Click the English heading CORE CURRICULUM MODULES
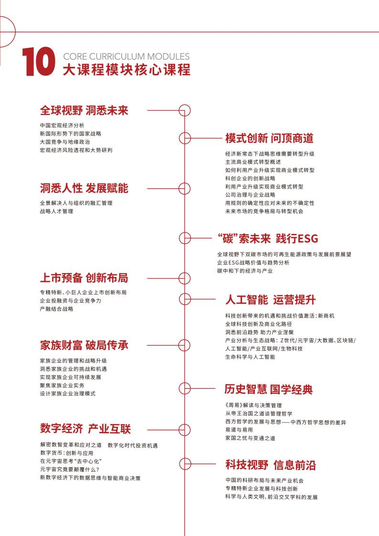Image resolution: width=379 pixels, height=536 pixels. pyautogui.click(x=126, y=56)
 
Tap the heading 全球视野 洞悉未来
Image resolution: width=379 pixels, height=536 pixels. pyautogui.click(x=84, y=111)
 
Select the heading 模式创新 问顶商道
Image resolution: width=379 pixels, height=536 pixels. pyautogui.click(x=269, y=138)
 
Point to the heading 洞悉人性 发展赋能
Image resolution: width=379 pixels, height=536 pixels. pyautogui.click(x=84, y=188)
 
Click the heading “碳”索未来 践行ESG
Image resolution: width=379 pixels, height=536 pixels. pyautogui.click(x=267, y=238)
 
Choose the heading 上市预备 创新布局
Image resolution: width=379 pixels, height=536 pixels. pyautogui.click(x=84, y=278)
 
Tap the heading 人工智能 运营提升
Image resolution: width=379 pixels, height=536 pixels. pyautogui.click(x=270, y=300)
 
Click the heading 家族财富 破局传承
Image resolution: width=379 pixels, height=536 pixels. pyautogui.click(x=84, y=345)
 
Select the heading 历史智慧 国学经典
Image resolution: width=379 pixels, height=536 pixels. pyautogui.click(x=268, y=389)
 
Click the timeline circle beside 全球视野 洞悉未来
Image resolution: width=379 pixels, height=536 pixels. pyautogui.click(x=184, y=111)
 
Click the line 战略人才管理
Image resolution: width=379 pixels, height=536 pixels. pyautogui.click(x=57, y=211)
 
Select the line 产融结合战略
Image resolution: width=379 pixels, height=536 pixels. pyautogui.click(x=57, y=309)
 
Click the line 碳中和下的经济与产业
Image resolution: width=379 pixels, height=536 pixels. pyautogui.click(x=244, y=271)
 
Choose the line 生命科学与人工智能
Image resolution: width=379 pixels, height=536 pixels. pyautogui.click(x=250, y=357)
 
